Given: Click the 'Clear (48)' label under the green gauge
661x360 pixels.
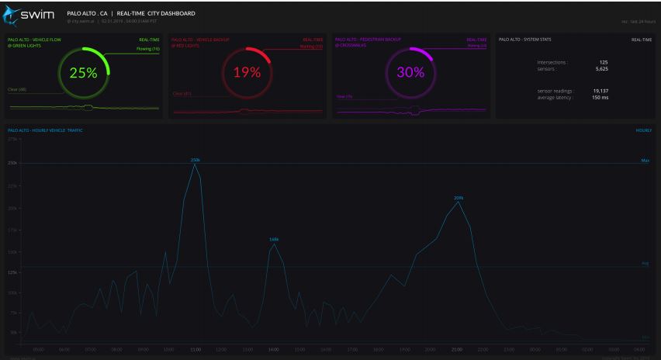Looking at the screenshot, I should pos(17,89).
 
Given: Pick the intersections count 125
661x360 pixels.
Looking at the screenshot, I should pos(593,62).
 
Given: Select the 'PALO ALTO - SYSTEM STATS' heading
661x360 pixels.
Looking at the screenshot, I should pos(524,37).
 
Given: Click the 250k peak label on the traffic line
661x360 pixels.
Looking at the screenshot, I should pos(196,159).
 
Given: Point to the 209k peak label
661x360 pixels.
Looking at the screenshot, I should pos(459,198).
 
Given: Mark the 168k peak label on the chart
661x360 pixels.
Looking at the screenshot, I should pos(274,239).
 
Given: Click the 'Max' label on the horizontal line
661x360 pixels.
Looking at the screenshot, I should pos(645,161).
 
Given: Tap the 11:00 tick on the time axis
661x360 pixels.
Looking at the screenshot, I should pos(196,350).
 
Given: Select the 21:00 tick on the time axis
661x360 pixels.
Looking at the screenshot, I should pos(457,350).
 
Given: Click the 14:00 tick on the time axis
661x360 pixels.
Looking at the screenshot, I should pos(274,350).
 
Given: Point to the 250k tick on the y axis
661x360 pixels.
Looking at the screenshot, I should pos(12,163).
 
